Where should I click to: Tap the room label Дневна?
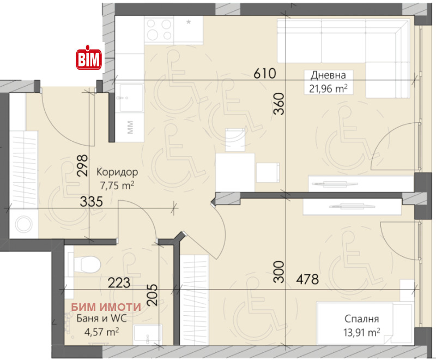328,75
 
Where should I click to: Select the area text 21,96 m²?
328,88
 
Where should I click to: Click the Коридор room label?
117,172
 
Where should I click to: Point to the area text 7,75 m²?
117,185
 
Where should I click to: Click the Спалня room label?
361,319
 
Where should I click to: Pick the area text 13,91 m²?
361,332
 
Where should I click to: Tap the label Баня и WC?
101,318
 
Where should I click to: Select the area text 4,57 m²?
101,332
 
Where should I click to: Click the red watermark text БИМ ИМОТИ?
106,307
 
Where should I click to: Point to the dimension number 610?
265,74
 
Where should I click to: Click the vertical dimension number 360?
279,104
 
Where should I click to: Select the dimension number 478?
307,279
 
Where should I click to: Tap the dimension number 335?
91,201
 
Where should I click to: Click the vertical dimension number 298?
83,165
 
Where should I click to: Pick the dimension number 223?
119,283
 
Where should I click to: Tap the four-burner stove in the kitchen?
159,30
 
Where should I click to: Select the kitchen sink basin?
131,98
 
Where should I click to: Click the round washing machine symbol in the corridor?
23,224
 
